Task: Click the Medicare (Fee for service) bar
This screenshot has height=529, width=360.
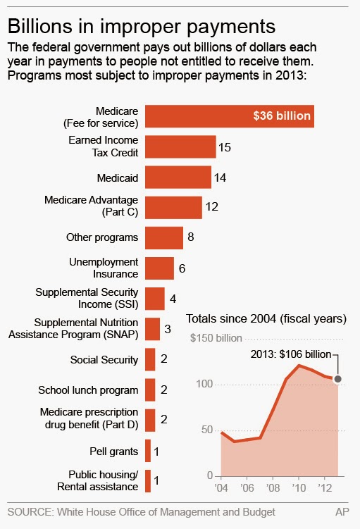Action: tap(230, 116)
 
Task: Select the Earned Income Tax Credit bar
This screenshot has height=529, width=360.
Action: tap(180, 147)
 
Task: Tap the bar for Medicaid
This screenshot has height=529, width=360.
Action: tap(178, 177)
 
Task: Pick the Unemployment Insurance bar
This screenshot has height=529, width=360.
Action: tap(160, 268)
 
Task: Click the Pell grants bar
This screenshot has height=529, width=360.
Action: tap(148, 451)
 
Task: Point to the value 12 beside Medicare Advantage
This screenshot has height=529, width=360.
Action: tap(212, 206)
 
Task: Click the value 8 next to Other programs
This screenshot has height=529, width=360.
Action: tap(191, 237)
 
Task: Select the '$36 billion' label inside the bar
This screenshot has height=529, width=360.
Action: tap(282, 116)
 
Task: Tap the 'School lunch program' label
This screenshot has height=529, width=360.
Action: tap(88, 390)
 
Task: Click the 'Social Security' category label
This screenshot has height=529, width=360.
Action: tap(104, 360)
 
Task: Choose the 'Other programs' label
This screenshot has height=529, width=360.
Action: tap(102, 237)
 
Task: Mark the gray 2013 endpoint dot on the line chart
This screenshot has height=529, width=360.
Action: tap(337, 379)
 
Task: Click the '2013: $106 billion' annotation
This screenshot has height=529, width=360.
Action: tap(291, 354)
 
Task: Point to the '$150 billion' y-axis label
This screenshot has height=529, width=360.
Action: tap(216, 338)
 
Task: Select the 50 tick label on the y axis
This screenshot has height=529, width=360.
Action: tap(206, 430)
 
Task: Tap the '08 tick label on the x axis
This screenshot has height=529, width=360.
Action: tap(273, 488)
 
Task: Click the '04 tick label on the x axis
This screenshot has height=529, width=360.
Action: tap(221, 488)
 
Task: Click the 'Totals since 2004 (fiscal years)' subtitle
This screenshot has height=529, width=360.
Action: tap(266, 319)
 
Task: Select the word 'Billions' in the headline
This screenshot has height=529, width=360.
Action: tap(40, 26)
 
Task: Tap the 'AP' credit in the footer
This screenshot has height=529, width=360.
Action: tap(342, 512)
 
